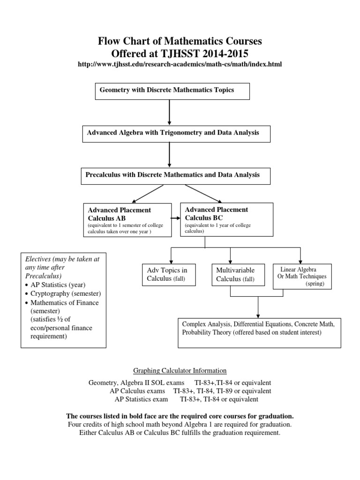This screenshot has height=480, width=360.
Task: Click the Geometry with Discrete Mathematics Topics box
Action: click(x=166, y=91)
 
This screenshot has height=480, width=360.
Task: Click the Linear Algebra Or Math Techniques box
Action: click(x=302, y=276)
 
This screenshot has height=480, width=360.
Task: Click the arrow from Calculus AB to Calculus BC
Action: click(x=175, y=218)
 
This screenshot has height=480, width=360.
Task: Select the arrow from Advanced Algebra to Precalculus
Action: click(x=169, y=154)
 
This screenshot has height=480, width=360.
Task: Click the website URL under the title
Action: click(x=180, y=64)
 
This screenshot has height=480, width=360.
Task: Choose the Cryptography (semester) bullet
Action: click(x=66, y=294)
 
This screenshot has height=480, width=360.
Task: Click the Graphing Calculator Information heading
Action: click(x=180, y=370)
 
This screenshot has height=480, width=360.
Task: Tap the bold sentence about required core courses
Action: click(x=180, y=416)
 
